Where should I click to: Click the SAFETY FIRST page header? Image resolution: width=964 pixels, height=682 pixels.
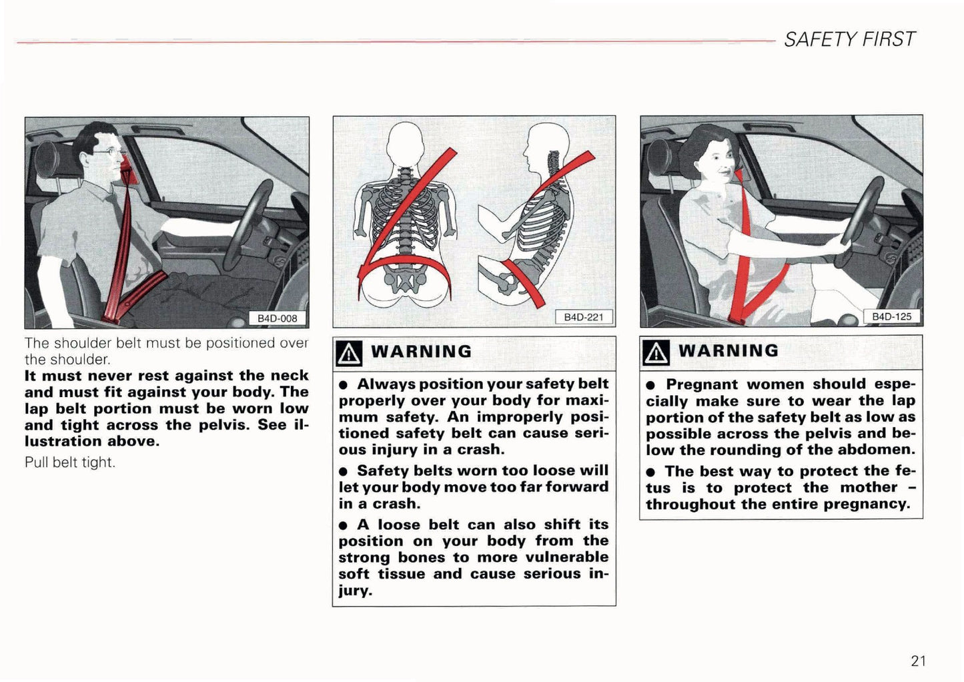pyautogui.click(x=849, y=39)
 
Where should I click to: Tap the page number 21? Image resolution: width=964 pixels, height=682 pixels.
pyautogui.click(x=917, y=661)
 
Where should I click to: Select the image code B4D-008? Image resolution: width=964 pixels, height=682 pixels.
pyautogui.click(x=277, y=318)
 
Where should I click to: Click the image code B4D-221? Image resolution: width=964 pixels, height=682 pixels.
pyautogui.click(x=583, y=317)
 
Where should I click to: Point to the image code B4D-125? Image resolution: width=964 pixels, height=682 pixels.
pyautogui.click(x=891, y=316)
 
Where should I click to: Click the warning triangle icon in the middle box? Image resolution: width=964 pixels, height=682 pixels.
pyautogui.click(x=350, y=353)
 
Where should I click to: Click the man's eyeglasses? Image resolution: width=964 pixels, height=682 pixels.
pyautogui.click(x=106, y=151)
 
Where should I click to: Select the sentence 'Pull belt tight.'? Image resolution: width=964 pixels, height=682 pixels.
pyautogui.click(x=70, y=462)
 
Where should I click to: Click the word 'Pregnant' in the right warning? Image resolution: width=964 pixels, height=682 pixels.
pyautogui.click(x=701, y=384)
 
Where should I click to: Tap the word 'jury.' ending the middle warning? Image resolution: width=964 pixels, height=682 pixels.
pyautogui.click(x=355, y=591)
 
